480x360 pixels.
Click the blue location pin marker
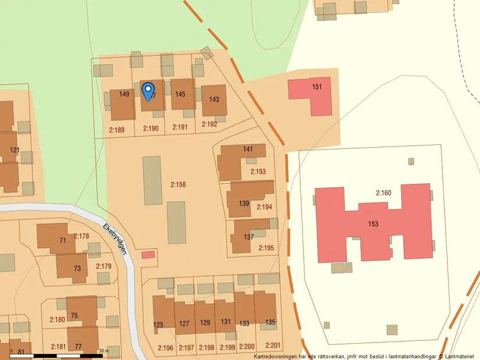coord(148,92)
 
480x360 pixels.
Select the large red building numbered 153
coord(374,224)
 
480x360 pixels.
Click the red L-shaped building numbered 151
coord(317,87)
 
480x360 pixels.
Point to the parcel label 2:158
coord(178,184)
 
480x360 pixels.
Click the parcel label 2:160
coord(384,193)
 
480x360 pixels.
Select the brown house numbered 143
coord(214,99)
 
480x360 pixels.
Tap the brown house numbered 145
coord(181,94)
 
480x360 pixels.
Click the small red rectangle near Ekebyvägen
coord(148,254)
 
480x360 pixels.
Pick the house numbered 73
coord(77,268)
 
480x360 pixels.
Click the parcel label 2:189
coord(117,129)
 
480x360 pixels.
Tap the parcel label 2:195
coord(265,248)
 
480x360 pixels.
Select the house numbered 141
coord(248,149)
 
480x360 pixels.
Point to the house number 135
coord(270,322)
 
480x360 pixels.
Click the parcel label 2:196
coord(166,348)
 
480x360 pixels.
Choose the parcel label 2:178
coord(81,236)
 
